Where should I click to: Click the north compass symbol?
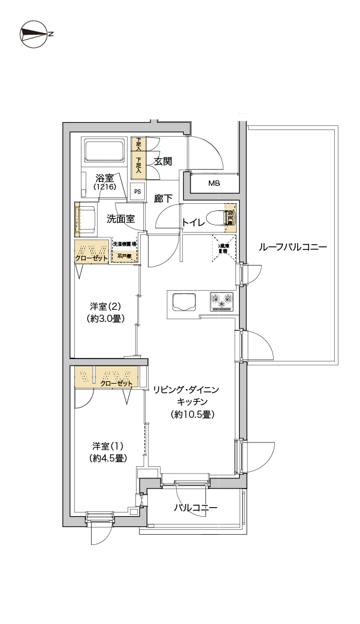(34, 34)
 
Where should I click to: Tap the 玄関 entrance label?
(163, 161)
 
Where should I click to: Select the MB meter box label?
(214, 183)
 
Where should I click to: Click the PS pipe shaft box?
(138, 192)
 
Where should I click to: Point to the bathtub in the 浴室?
(104, 150)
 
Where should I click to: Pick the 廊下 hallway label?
(164, 198)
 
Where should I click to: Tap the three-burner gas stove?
(221, 301)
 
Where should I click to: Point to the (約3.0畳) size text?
(105, 318)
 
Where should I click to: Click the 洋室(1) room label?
(108, 446)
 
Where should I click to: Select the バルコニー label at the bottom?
(196, 508)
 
